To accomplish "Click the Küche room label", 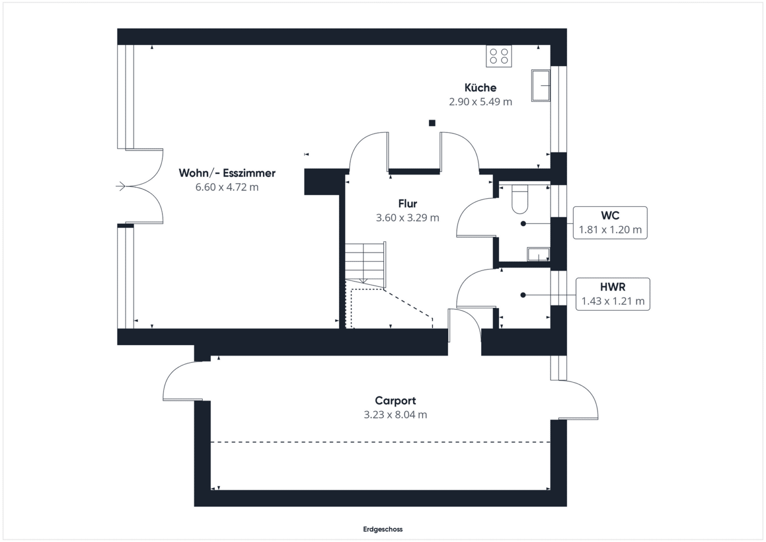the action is pyautogui.click(x=480, y=88).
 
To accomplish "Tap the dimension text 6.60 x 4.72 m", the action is pyautogui.click(x=227, y=187).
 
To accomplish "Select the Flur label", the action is pyautogui.click(x=407, y=204).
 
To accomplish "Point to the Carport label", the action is pyautogui.click(x=395, y=400).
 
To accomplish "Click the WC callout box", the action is pyautogui.click(x=610, y=223).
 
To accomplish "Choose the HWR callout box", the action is pyautogui.click(x=613, y=294).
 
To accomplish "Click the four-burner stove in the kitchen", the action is pyautogui.click(x=499, y=56).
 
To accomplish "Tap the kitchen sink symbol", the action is pyautogui.click(x=541, y=85).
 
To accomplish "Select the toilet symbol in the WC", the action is pyautogui.click(x=520, y=200).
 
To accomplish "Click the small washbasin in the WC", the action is pyautogui.click(x=539, y=254).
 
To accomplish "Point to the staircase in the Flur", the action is pyautogui.click(x=365, y=265).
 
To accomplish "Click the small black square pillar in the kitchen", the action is pyautogui.click(x=432, y=123).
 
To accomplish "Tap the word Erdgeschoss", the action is pyautogui.click(x=383, y=529).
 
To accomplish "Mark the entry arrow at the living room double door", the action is pyautogui.click(x=121, y=187).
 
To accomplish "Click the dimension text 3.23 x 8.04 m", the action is pyautogui.click(x=395, y=415).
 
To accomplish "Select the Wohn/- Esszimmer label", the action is pyautogui.click(x=227, y=173).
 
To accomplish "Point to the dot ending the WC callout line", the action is pyautogui.click(x=523, y=224).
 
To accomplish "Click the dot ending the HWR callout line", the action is pyautogui.click(x=523, y=295).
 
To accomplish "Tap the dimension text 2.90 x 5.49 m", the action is pyautogui.click(x=480, y=101).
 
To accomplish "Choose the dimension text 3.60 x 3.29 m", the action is pyautogui.click(x=407, y=218).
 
